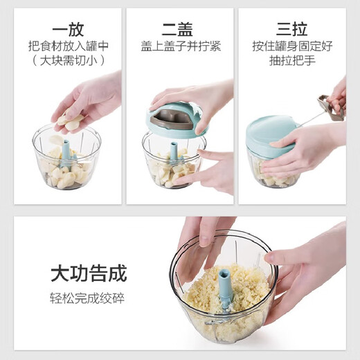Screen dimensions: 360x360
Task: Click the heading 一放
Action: [x=67, y=29]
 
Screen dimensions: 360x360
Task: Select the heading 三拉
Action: [x=291, y=29]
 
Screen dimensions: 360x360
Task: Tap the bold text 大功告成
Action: [x=88, y=273]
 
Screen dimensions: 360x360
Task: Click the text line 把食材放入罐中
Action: [x=67, y=46]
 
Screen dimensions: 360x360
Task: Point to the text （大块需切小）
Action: [x=67, y=61]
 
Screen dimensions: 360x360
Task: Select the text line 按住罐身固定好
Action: [x=291, y=46]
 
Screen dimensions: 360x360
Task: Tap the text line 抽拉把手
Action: [x=291, y=61]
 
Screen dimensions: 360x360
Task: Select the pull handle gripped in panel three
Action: [x=333, y=108]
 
